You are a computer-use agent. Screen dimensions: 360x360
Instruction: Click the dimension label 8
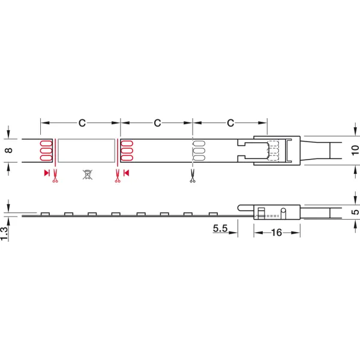point(8,151)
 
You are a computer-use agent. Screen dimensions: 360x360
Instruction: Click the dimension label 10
point(355,151)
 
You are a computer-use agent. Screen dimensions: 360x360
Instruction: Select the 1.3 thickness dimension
point(4,234)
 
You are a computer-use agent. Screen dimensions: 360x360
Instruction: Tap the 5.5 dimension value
point(220,228)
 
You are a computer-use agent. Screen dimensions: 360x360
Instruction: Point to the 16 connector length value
point(277,233)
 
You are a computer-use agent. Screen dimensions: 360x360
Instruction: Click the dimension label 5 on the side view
point(355,212)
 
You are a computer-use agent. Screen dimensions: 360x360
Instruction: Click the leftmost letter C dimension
point(82,123)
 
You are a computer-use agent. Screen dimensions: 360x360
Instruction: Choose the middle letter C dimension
point(157,123)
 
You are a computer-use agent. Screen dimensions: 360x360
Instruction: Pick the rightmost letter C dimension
point(230,123)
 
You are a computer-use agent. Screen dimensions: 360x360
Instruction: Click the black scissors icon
point(193,176)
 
